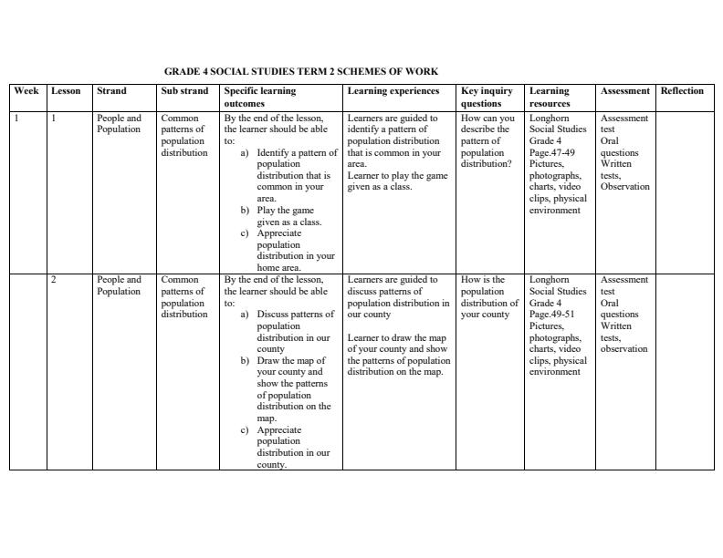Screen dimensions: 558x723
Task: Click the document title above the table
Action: (x=300, y=71)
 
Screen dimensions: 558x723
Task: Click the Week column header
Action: (x=26, y=91)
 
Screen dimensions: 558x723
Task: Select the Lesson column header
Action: (x=66, y=91)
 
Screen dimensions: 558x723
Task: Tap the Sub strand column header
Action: (x=184, y=91)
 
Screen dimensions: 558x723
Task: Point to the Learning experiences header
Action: (x=393, y=91)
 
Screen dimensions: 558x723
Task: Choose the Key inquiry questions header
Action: (x=487, y=97)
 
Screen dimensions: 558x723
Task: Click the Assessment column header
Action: (x=624, y=91)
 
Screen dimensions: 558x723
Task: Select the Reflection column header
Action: (x=682, y=91)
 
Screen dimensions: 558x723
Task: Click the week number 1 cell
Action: (x=16, y=119)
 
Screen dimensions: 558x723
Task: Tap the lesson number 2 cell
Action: (x=54, y=280)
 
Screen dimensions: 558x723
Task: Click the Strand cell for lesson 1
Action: (x=119, y=124)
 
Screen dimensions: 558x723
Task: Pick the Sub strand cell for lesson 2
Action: (x=183, y=297)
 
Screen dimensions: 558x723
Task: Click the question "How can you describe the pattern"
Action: (x=487, y=135)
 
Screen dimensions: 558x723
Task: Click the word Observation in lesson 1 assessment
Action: (x=624, y=187)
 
